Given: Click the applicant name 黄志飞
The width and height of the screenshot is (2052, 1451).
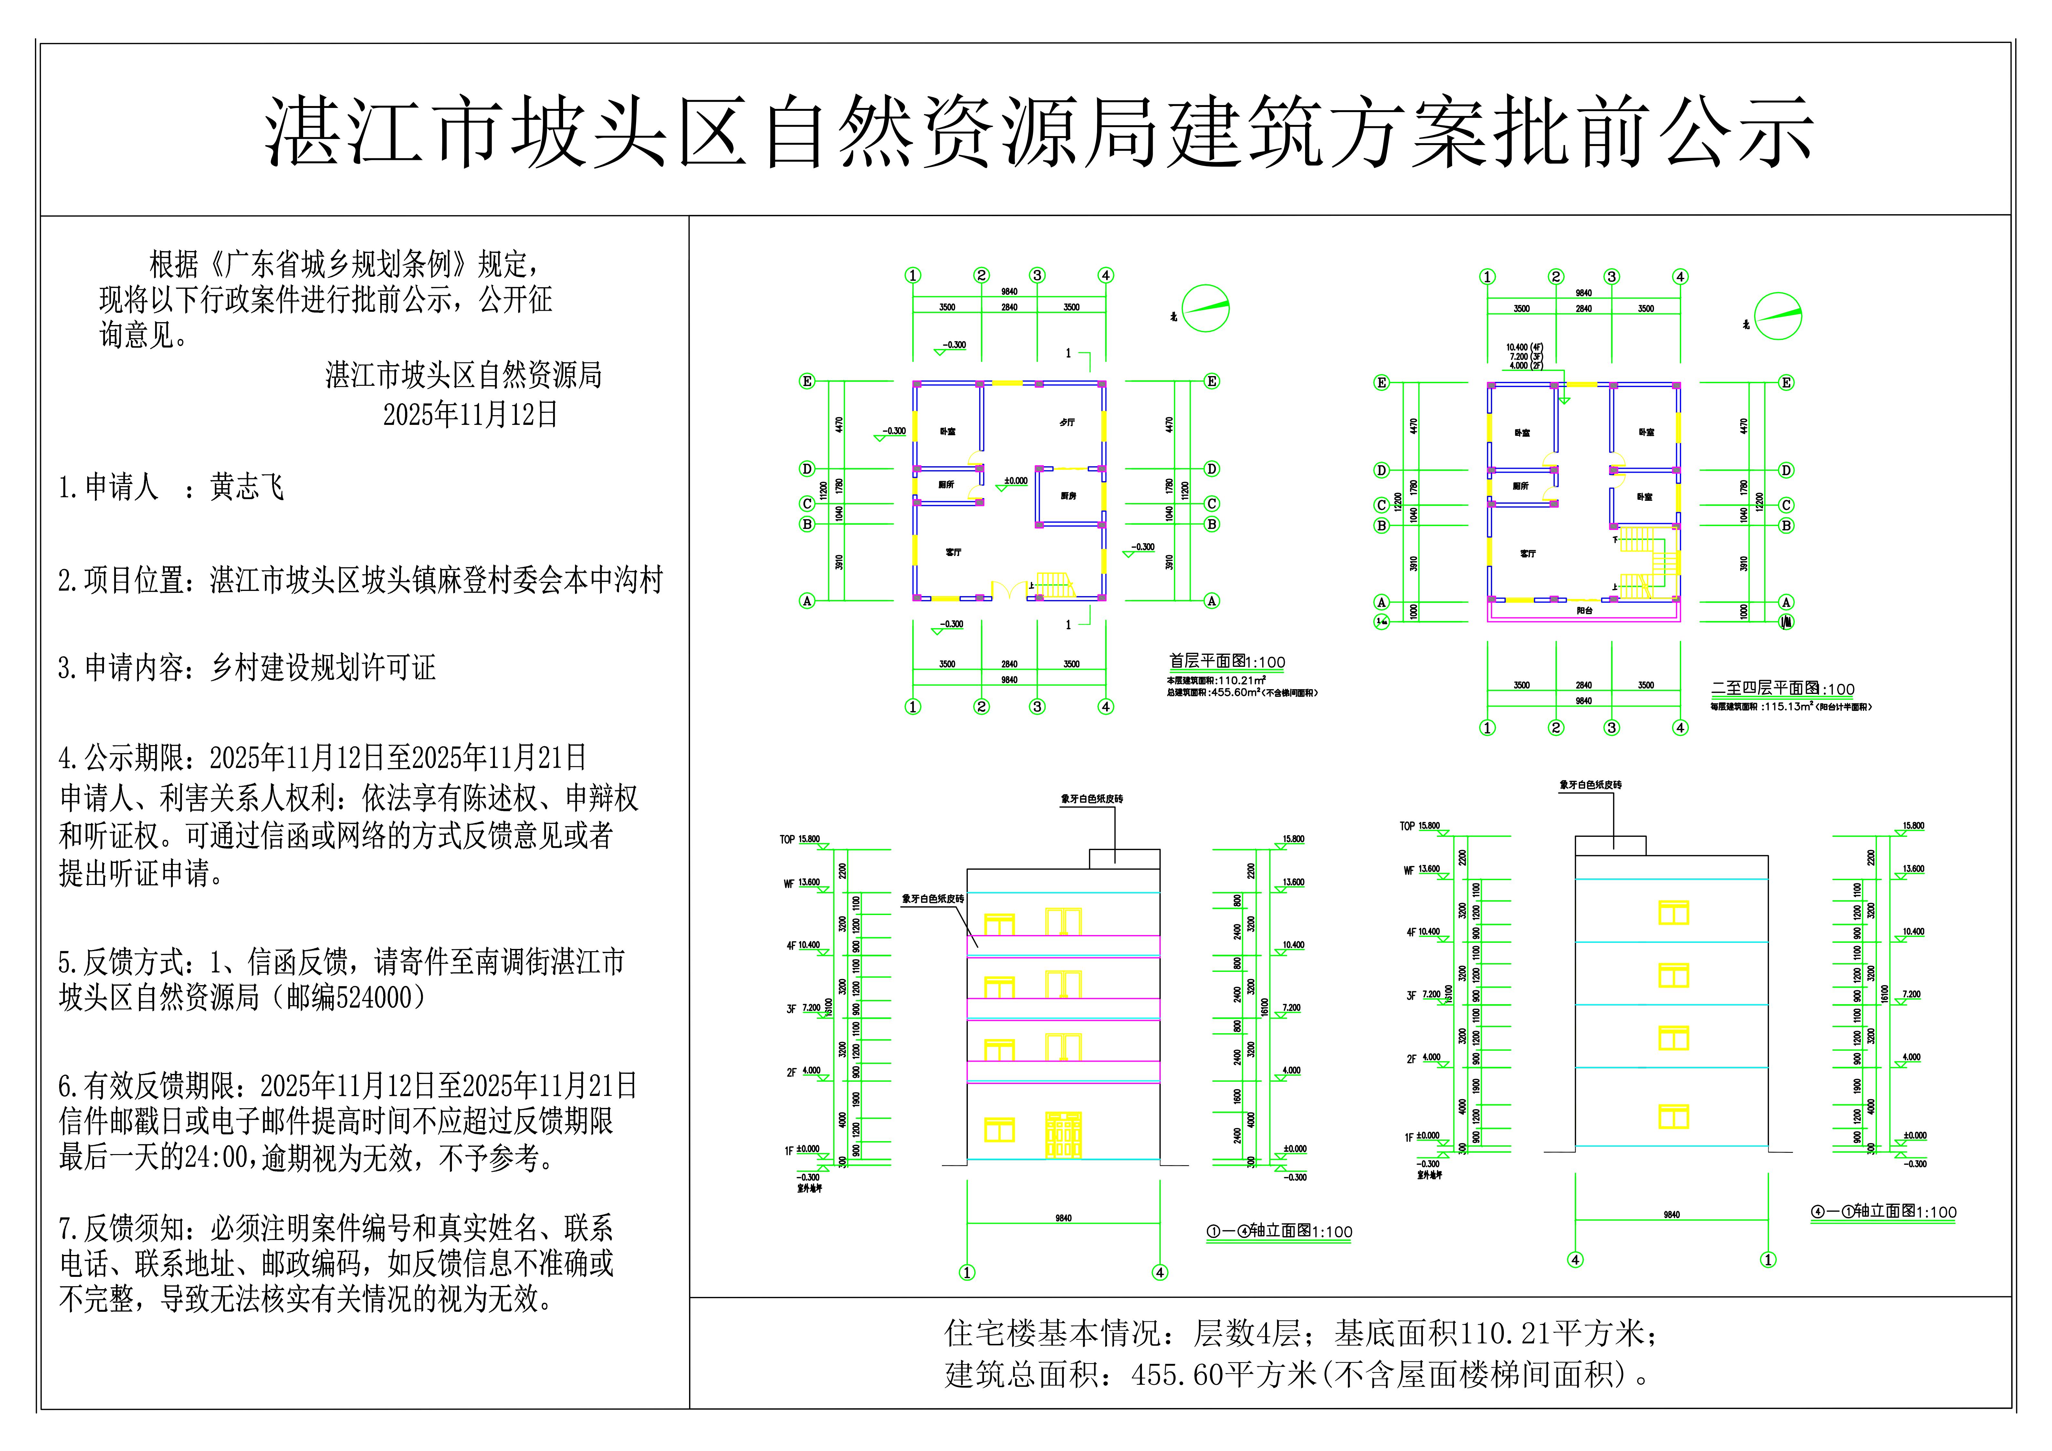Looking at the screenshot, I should coord(247,487).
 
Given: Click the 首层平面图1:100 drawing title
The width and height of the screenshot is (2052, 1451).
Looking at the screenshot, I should coord(1226,662).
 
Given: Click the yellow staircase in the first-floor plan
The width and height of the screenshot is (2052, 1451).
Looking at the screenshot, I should coord(1053,585).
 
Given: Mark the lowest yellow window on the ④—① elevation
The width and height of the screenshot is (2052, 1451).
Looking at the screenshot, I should coord(1673,1117).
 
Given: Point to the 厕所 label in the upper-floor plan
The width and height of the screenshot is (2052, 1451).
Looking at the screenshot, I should coord(1520,486).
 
